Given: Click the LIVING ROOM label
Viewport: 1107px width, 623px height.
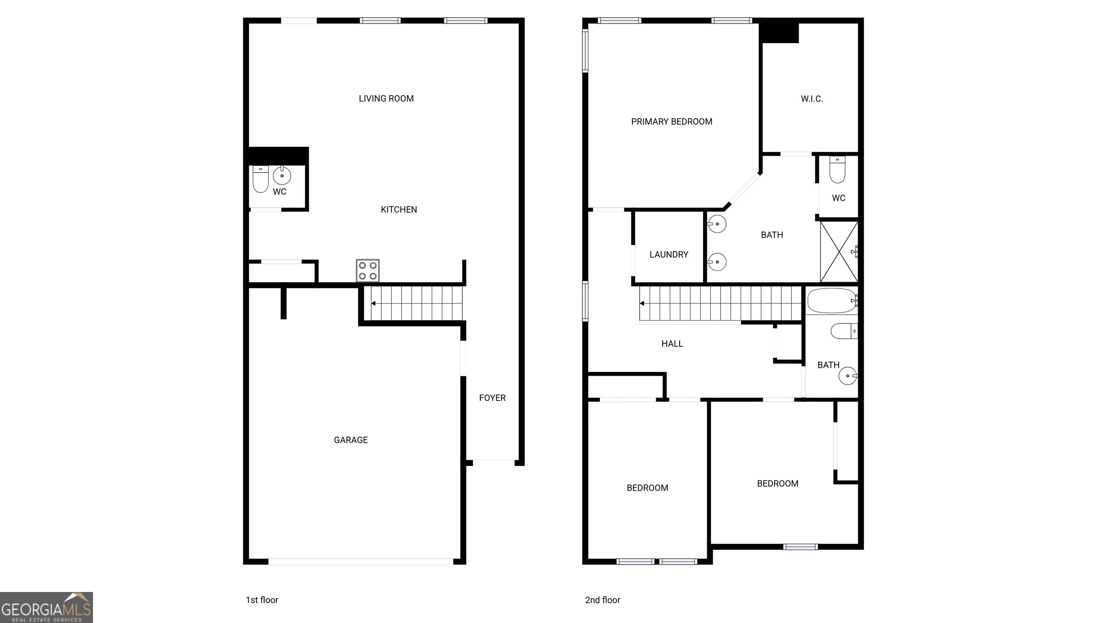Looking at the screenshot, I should coord(386,98).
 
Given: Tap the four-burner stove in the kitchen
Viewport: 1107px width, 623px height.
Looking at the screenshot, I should coord(368,270).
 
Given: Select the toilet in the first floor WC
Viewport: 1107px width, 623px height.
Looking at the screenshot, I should coord(261,179).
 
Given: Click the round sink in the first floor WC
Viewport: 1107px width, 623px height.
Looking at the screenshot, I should coord(282,176).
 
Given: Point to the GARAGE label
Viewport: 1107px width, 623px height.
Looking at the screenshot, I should coord(351,440).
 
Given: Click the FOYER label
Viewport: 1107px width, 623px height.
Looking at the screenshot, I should coord(492,398).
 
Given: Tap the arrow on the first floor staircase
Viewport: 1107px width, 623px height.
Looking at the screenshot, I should coord(373,304).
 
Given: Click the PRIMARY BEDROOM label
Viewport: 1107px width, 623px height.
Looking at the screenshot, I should coord(671,121).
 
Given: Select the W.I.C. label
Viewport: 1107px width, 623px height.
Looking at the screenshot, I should coord(812,99).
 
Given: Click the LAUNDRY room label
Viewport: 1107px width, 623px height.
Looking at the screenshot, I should coord(669,255).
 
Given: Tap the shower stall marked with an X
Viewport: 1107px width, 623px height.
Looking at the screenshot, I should coord(839,252).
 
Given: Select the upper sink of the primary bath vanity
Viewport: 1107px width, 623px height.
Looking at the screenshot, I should coord(717,224).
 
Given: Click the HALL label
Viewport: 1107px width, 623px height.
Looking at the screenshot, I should coord(672,344).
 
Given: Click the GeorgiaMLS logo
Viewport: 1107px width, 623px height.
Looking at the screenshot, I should coord(46,607).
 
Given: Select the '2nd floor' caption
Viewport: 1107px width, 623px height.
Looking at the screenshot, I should coord(602,600).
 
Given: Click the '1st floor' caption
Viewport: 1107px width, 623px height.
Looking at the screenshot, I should coord(262,600).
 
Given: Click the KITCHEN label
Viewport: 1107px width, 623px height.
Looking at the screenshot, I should coord(398,209).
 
